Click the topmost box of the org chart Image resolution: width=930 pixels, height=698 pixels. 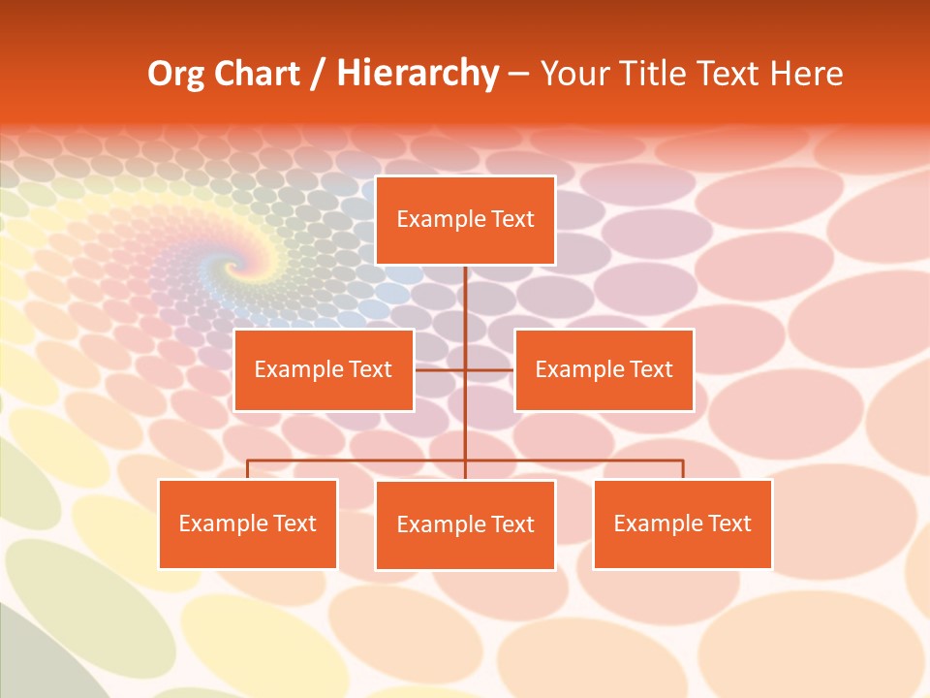click(465, 220)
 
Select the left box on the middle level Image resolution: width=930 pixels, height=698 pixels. click(324, 369)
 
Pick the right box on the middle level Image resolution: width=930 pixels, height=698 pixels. click(604, 369)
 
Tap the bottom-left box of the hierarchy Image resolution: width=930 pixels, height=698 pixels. click(248, 523)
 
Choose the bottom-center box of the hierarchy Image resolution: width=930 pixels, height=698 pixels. click(465, 524)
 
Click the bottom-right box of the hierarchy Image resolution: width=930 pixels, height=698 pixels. click(682, 523)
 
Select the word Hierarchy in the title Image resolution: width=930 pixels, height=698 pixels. click(417, 74)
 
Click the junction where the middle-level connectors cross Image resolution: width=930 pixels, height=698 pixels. click(465, 369)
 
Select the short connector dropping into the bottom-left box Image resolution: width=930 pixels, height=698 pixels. click(248, 469)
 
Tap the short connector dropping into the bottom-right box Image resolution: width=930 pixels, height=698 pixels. click(683, 469)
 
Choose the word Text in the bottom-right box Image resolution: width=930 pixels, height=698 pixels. click(729, 523)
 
